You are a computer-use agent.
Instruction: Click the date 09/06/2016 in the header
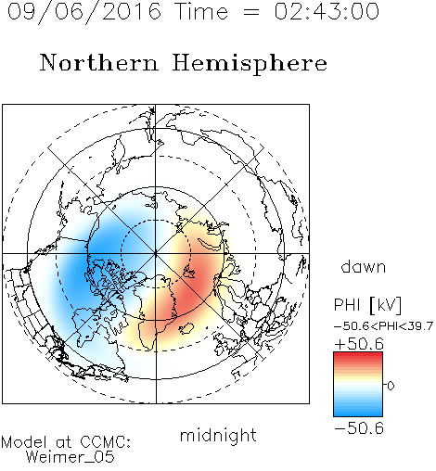click(x=83, y=12)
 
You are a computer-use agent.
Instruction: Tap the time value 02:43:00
click(x=327, y=11)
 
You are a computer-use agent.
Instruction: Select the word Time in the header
click(x=201, y=11)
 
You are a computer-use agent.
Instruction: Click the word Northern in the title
click(x=99, y=62)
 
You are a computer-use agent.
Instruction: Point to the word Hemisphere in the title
click(x=250, y=64)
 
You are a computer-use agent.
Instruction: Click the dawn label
click(x=363, y=266)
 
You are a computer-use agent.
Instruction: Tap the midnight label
click(x=218, y=435)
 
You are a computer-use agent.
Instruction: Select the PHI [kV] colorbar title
click(x=367, y=305)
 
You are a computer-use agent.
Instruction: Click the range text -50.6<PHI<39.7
click(x=383, y=326)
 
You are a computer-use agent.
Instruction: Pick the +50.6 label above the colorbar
click(x=359, y=344)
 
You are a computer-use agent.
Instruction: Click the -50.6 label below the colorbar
click(x=359, y=428)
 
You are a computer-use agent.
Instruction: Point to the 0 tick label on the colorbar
click(x=391, y=386)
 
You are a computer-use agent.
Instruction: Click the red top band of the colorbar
click(x=358, y=355)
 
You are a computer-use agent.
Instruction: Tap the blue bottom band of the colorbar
click(x=358, y=413)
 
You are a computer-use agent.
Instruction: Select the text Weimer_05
click(x=70, y=457)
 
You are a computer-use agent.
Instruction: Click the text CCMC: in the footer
click(x=105, y=442)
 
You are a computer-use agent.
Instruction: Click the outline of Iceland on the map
click(x=186, y=328)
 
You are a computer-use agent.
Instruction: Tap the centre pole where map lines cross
click(x=156, y=253)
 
